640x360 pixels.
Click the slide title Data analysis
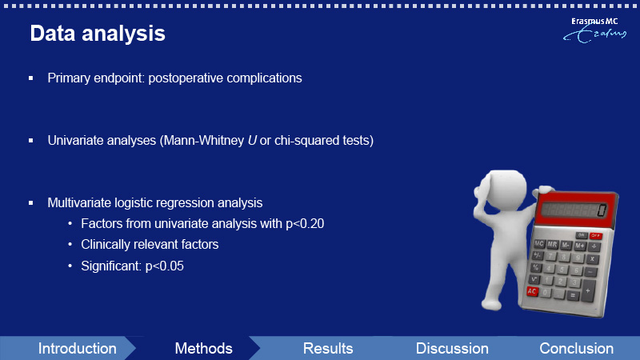[x=98, y=33]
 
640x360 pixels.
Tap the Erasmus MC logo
[x=594, y=30]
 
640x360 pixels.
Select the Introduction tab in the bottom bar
[x=77, y=349]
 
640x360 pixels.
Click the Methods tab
[x=203, y=349]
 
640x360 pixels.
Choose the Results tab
[x=328, y=349]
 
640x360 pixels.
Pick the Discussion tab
[x=452, y=349]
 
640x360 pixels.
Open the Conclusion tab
[x=576, y=349]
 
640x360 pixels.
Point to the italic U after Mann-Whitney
[x=252, y=141]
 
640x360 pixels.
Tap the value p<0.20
[x=305, y=224]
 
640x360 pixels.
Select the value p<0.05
[x=165, y=266]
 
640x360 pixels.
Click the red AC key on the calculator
[x=532, y=291]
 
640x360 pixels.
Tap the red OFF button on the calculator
[x=595, y=235]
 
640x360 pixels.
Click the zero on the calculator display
[x=602, y=210]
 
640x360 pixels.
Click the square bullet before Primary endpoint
[x=31, y=78]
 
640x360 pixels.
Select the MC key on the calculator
[x=539, y=244]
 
